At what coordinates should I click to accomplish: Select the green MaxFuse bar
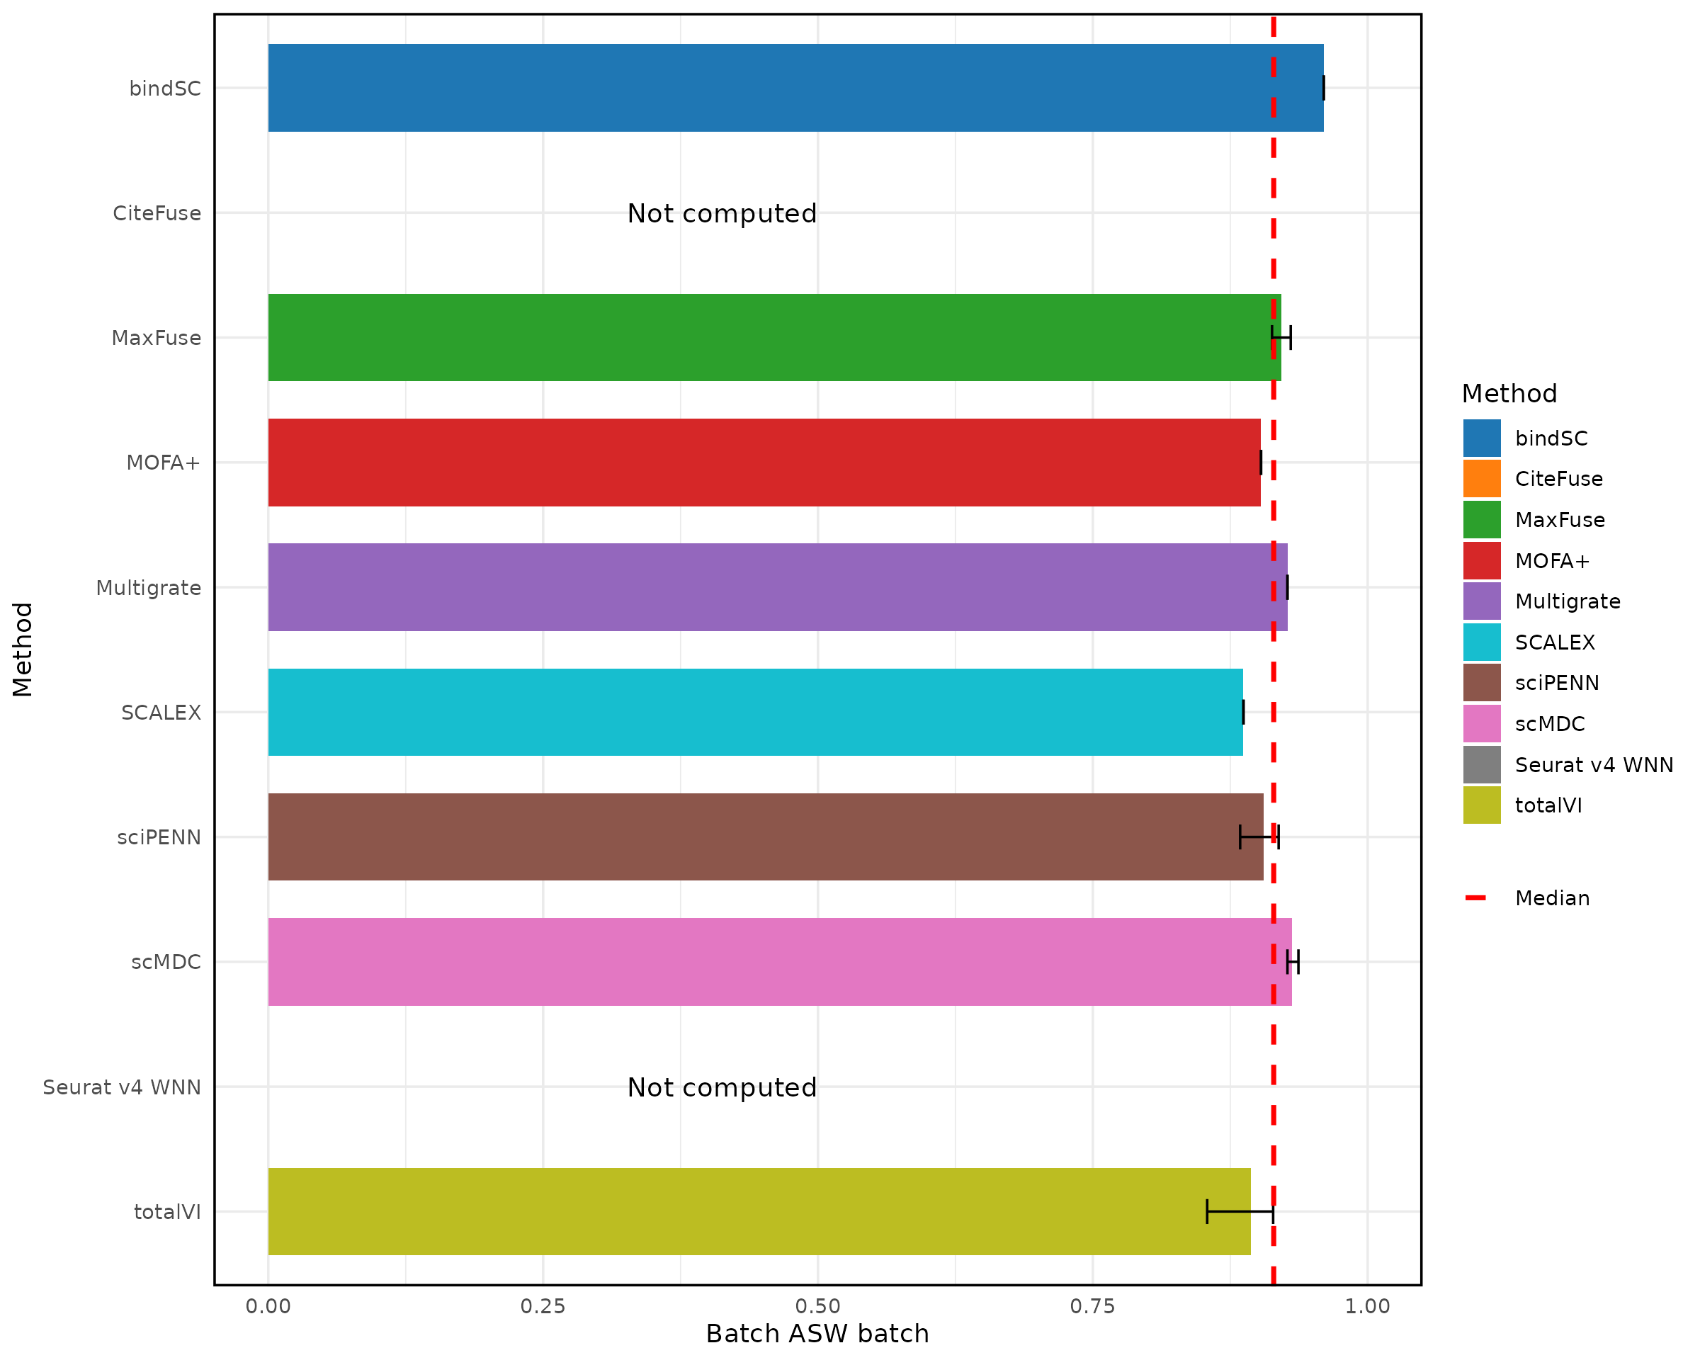pyautogui.click(x=773, y=337)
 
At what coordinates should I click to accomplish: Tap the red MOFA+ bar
pyautogui.click(x=764, y=462)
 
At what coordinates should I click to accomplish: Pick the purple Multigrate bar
pyautogui.click(x=776, y=586)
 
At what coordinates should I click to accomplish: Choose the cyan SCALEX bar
pyautogui.click(x=754, y=712)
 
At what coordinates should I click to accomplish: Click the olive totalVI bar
pyautogui.click(x=759, y=1211)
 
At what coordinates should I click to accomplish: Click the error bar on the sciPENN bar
pyautogui.click(x=1259, y=837)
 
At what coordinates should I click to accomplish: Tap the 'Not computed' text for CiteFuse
pyautogui.click(x=722, y=214)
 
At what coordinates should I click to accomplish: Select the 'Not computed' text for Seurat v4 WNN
pyautogui.click(x=722, y=1087)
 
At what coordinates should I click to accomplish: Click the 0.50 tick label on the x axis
pyautogui.click(x=817, y=1306)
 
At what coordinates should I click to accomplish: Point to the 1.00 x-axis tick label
pyautogui.click(x=1367, y=1306)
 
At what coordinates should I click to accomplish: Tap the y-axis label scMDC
pyautogui.click(x=166, y=962)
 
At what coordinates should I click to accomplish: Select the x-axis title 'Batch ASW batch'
pyautogui.click(x=817, y=1334)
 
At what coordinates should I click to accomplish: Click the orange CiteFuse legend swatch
pyautogui.click(x=1482, y=479)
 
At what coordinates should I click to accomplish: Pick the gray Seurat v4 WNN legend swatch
pyautogui.click(x=1482, y=764)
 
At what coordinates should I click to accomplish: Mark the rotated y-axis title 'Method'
pyautogui.click(x=23, y=649)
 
